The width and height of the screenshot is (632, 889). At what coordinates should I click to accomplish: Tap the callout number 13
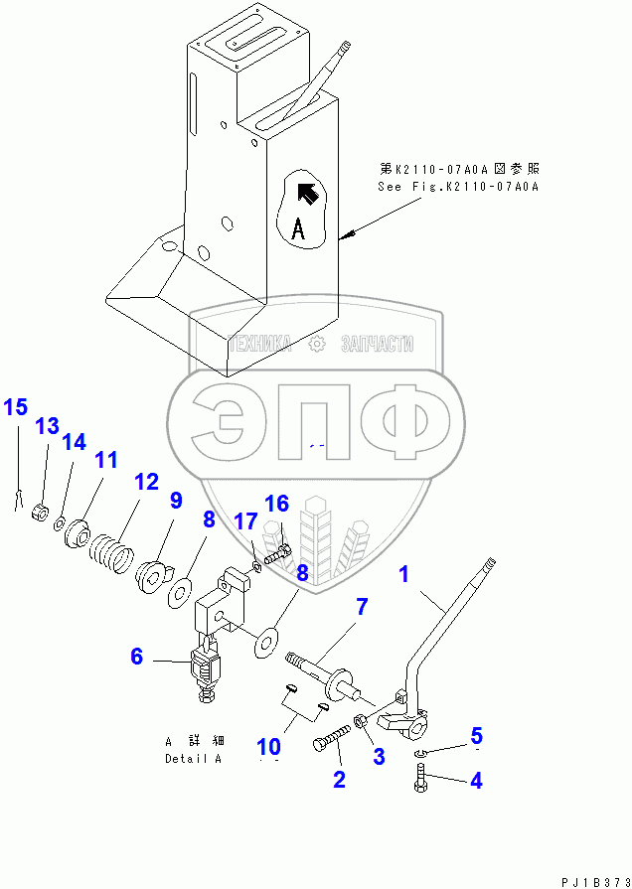(48, 427)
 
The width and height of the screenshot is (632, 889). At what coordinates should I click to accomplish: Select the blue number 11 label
(105, 460)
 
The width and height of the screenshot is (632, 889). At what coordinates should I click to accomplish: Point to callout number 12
(146, 482)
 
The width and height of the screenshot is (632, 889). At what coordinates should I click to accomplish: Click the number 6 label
(137, 656)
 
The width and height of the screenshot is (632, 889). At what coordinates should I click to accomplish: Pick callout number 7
(362, 605)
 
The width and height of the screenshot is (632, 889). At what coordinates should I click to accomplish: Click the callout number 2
(339, 780)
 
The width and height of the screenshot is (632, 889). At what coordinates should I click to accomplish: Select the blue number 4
(476, 781)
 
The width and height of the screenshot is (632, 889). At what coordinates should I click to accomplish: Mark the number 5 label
(476, 736)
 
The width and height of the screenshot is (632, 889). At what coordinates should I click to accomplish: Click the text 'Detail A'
(194, 760)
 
